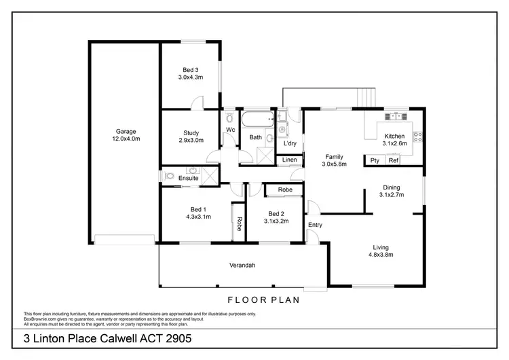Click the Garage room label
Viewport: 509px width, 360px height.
click(126, 131)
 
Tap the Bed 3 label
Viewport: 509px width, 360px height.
click(191, 69)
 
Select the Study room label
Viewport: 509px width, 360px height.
click(191, 133)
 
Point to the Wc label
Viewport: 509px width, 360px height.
click(230, 130)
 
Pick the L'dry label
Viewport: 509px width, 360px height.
click(290, 143)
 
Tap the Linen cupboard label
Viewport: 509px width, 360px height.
click(290, 160)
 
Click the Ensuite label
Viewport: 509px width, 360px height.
click(188, 178)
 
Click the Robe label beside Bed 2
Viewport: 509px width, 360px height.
click(285, 190)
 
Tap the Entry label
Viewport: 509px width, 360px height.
click(315, 224)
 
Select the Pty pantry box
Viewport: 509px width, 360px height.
click(375, 160)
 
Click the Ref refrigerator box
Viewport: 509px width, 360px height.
click(394, 160)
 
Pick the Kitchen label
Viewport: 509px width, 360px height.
click(394, 136)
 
